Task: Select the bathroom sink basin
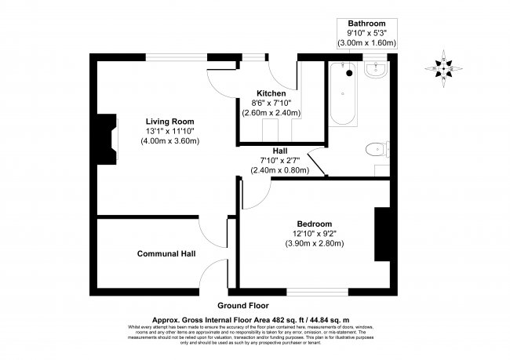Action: click(375, 72)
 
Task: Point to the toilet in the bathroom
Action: click(377, 147)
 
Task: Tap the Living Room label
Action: click(169, 121)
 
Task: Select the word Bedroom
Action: click(314, 223)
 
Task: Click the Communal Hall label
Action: click(166, 253)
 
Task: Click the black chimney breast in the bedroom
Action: click(382, 234)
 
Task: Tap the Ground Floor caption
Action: click(244, 304)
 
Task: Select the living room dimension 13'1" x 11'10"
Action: click(169, 131)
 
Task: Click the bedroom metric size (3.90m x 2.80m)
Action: click(314, 243)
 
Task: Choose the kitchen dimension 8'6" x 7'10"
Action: click(271, 103)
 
